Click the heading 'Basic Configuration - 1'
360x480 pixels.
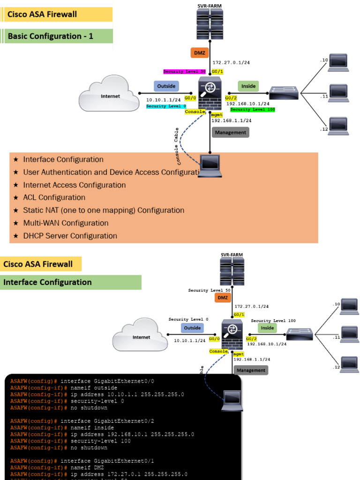(x=51, y=36)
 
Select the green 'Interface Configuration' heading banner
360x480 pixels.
(x=47, y=282)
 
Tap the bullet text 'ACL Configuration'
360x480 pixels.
(x=54, y=197)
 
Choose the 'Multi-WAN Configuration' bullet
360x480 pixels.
(x=66, y=223)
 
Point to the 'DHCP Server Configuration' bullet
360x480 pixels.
(x=70, y=236)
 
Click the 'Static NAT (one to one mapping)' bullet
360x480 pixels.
(x=104, y=210)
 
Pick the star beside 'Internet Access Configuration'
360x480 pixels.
(x=16, y=185)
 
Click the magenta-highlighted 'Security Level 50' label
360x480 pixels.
(x=184, y=72)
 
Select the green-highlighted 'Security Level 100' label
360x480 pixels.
(x=252, y=109)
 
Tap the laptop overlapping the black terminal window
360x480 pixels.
(x=232, y=400)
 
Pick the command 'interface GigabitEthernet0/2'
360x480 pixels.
(x=107, y=421)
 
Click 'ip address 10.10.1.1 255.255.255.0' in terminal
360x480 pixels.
(x=127, y=394)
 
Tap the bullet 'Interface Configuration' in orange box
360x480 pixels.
(x=63, y=159)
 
